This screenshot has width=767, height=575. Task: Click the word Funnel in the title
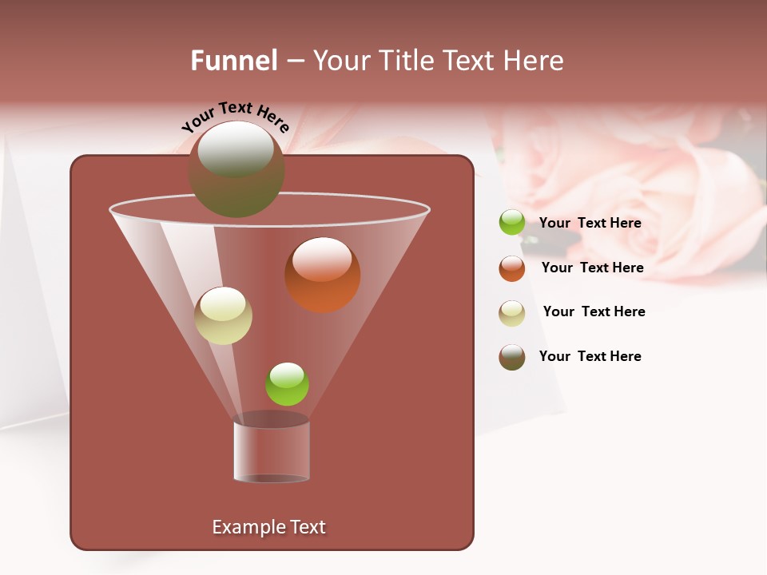[x=234, y=61]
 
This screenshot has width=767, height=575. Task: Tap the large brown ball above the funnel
[x=236, y=170]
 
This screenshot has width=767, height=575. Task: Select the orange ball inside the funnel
[x=322, y=276]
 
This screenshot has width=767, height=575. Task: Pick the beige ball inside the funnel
[x=223, y=316]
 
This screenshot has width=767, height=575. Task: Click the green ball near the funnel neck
[x=287, y=384]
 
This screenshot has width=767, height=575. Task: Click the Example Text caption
[x=268, y=527]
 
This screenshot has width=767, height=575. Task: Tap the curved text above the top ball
[x=235, y=118]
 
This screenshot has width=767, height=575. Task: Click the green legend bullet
[x=512, y=223]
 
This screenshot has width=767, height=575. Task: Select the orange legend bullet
[x=512, y=268]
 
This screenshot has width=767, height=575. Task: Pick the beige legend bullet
[x=512, y=313]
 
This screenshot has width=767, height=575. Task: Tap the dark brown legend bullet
[x=512, y=357]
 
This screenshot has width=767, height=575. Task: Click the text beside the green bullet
[x=590, y=224]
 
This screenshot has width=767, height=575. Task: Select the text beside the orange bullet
[x=592, y=268]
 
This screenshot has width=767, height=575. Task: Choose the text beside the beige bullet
[x=594, y=312]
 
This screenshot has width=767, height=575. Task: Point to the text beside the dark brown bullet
[x=590, y=357]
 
